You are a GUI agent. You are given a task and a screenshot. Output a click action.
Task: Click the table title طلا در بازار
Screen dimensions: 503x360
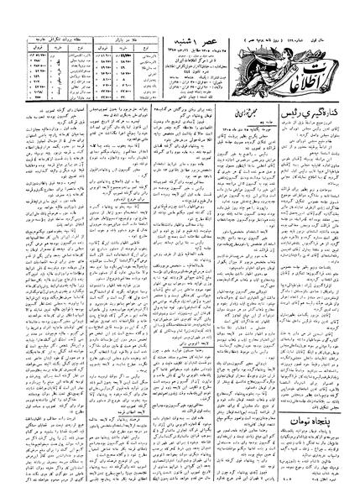pos(127,39)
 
